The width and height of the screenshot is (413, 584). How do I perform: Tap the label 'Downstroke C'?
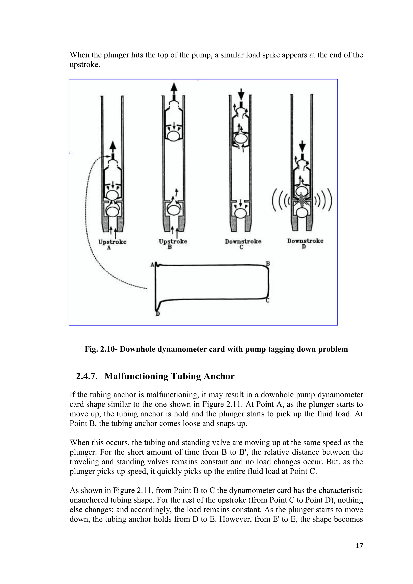[243, 244]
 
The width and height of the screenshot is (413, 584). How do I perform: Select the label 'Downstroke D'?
[305, 243]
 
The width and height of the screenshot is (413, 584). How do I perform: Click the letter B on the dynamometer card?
[268, 264]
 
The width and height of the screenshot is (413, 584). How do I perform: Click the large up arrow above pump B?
[174, 89]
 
